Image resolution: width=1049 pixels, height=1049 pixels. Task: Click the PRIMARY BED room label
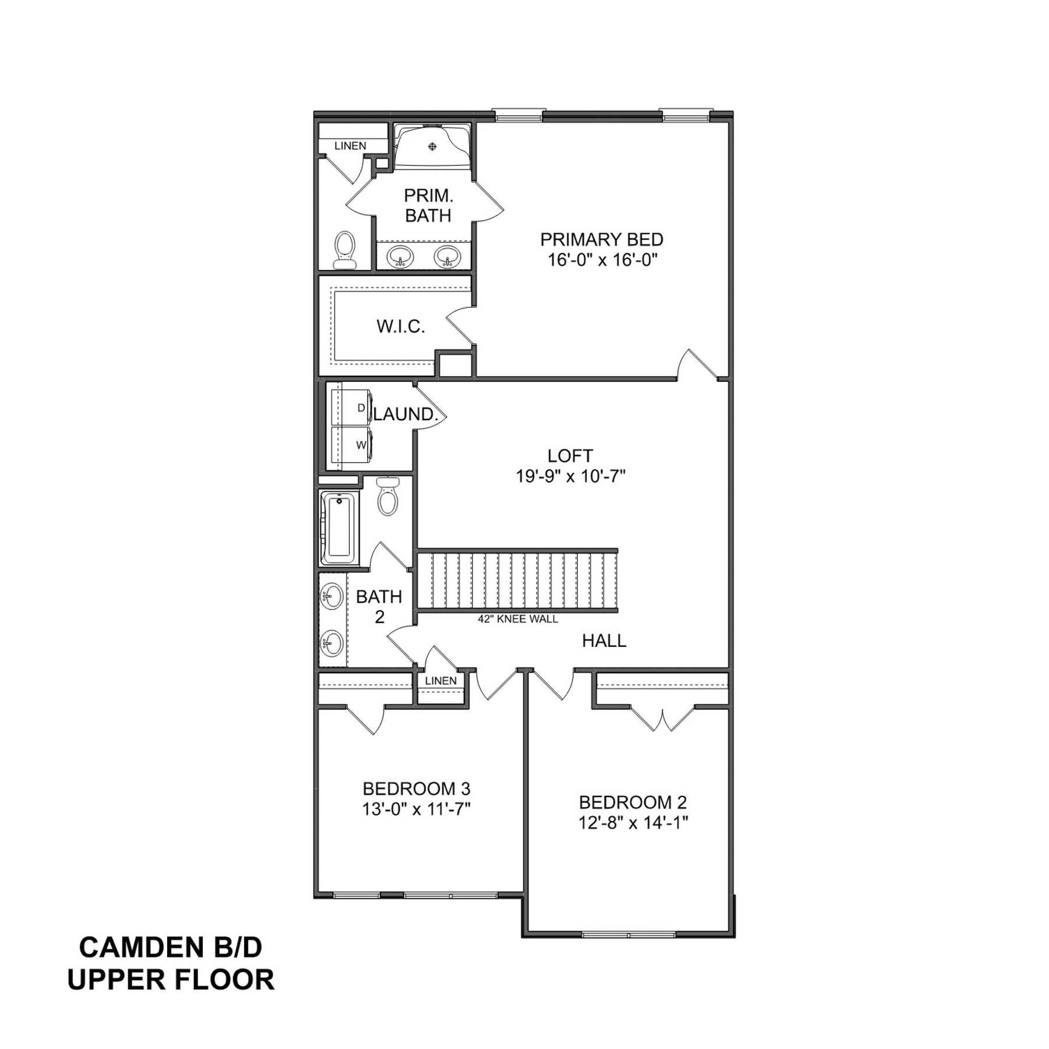(x=601, y=240)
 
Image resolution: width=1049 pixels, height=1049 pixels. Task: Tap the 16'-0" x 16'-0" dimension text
(x=602, y=260)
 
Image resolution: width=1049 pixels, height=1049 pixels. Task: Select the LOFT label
(x=570, y=456)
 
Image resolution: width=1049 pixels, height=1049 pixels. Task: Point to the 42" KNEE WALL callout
(x=518, y=619)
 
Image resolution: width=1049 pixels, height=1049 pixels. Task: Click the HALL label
(x=604, y=641)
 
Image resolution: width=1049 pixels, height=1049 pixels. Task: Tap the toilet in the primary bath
(x=344, y=250)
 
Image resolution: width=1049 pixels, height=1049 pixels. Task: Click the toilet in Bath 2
(x=388, y=496)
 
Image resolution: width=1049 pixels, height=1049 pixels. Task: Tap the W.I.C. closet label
(x=401, y=326)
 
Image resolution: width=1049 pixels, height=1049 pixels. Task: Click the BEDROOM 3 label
(x=416, y=789)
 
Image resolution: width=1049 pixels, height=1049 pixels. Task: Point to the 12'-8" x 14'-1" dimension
(x=633, y=823)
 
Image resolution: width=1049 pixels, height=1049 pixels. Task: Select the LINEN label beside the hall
(x=441, y=681)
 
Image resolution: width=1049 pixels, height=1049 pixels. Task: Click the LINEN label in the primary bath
(x=350, y=146)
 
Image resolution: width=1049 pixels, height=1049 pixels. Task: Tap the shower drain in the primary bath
(x=432, y=146)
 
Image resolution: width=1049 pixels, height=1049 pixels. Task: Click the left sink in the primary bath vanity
(x=400, y=256)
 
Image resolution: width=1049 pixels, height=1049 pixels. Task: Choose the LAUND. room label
(x=406, y=414)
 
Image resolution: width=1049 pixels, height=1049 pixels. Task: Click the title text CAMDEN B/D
(x=170, y=948)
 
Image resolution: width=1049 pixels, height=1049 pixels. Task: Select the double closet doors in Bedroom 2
(x=663, y=720)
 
